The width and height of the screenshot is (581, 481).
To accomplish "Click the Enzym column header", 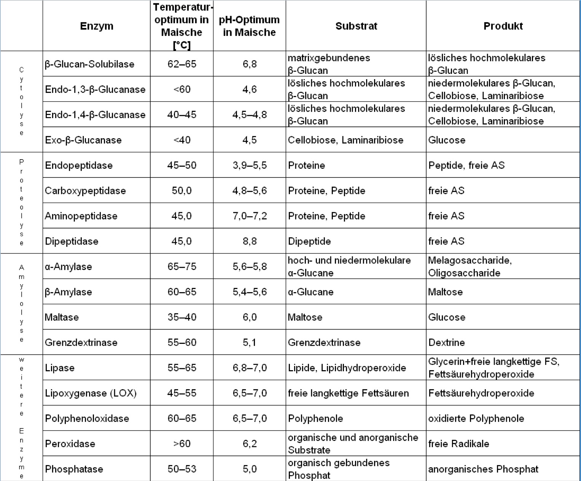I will [97, 26].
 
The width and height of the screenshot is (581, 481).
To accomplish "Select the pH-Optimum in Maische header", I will [249, 26].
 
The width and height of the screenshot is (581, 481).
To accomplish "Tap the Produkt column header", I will [503, 26].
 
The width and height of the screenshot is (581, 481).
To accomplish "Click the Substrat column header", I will [356, 26].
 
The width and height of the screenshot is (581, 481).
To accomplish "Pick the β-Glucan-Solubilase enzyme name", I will [89, 64].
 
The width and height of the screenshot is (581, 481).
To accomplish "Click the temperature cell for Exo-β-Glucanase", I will [182, 140].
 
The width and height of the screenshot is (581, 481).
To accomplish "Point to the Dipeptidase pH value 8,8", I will [250, 241].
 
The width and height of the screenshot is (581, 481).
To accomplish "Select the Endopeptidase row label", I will [79, 165].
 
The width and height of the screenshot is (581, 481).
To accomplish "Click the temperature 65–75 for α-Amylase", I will [182, 266].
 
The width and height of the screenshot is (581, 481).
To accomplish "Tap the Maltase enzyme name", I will [62, 317].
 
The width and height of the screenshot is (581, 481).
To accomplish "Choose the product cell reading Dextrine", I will [447, 342].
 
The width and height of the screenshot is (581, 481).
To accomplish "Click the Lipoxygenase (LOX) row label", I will [91, 393].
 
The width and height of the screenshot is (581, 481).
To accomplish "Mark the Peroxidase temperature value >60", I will [182, 444].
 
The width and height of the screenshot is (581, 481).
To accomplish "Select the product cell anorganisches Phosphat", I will [483, 469].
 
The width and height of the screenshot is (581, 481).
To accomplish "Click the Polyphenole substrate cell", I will [315, 418].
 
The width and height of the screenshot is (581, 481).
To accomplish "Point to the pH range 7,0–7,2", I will [250, 216].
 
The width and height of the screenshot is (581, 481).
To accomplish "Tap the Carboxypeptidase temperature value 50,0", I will [182, 190].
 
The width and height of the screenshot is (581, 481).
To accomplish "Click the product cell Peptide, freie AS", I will [466, 165].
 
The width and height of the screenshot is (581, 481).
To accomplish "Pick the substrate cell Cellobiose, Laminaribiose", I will [345, 140].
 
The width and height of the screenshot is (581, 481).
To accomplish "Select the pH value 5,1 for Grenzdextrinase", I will [250, 342].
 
